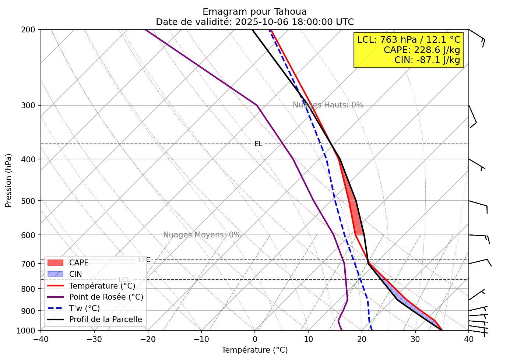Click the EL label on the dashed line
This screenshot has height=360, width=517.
[x=258, y=144]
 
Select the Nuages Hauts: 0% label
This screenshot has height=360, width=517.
[x=328, y=105]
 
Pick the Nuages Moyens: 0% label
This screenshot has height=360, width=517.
[x=202, y=235]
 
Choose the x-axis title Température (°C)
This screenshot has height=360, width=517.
[x=254, y=350]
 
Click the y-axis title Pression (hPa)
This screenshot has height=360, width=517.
[x=8, y=180]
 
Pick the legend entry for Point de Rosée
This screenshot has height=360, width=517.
[x=106, y=297]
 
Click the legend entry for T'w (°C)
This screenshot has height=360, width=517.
[x=84, y=308]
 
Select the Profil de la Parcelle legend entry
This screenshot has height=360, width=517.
[x=105, y=320]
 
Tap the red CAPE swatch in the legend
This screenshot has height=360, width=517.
[x=55, y=263]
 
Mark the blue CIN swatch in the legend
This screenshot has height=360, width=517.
[x=55, y=274]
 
